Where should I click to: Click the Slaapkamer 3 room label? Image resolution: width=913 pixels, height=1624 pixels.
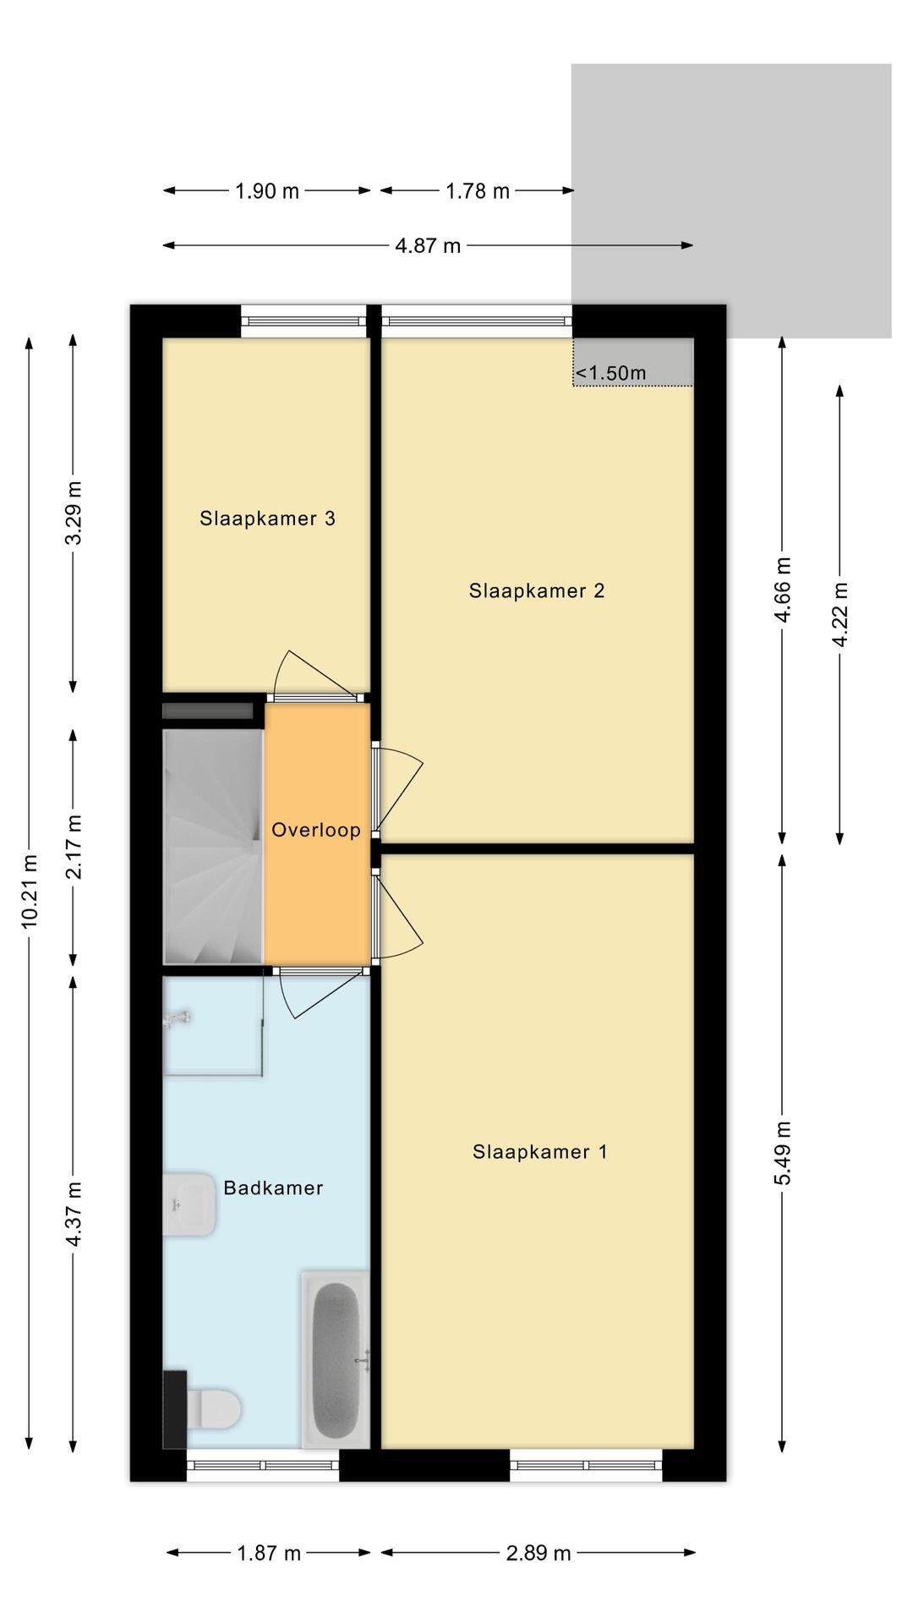(267, 518)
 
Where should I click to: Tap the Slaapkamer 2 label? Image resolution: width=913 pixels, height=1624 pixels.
(537, 591)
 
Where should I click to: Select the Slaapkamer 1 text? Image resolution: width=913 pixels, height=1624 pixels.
(539, 1152)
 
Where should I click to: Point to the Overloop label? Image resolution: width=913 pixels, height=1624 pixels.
(316, 831)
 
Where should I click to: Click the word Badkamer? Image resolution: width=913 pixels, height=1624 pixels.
(273, 1188)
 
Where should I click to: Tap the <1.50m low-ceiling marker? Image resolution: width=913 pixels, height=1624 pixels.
(610, 373)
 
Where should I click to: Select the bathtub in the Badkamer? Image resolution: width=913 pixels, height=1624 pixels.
(336, 1359)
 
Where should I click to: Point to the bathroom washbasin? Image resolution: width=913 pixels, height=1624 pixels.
(189, 1204)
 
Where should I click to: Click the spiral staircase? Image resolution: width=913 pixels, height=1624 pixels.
(213, 847)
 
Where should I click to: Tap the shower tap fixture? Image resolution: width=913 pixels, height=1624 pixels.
(178, 1019)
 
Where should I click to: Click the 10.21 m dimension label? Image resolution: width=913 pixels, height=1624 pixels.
(30, 892)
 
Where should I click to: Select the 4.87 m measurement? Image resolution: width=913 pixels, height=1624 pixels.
(428, 246)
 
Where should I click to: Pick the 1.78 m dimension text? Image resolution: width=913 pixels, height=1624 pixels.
(478, 192)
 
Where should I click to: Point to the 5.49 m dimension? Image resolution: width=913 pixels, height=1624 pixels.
(784, 1153)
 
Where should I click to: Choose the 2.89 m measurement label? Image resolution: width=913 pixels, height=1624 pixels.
(539, 1554)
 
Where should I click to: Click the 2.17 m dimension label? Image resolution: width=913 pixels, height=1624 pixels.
(74, 847)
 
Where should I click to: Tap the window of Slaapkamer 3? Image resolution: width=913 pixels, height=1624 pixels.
(303, 321)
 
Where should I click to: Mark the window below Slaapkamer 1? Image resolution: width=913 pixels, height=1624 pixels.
(586, 1466)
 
